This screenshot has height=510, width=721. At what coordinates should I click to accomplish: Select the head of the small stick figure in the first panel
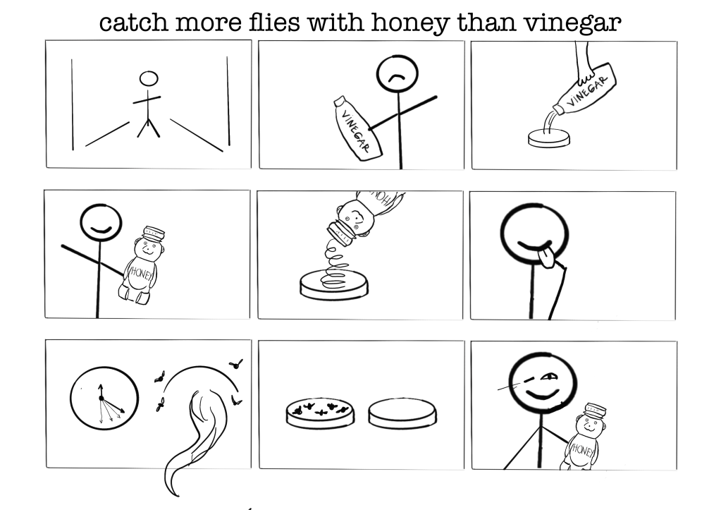click(x=149, y=79)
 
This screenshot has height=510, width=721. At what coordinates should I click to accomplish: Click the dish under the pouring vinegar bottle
click(x=548, y=138)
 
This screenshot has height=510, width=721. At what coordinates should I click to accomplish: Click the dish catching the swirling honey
click(x=334, y=284)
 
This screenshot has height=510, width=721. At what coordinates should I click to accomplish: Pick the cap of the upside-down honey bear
click(x=340, y=233)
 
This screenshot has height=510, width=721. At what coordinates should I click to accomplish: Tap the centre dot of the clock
click(x=101, y=398)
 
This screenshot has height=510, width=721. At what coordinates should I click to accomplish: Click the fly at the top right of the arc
click(x=236, y=365)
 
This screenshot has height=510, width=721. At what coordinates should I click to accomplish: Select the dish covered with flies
click(x=320, y=413)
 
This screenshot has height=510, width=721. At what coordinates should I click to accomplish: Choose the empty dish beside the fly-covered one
click(x=402, y=413)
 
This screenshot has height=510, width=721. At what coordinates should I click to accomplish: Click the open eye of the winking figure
click(x=548, y=377)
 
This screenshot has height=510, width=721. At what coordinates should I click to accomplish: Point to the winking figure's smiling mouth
click(x=542, y=394)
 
